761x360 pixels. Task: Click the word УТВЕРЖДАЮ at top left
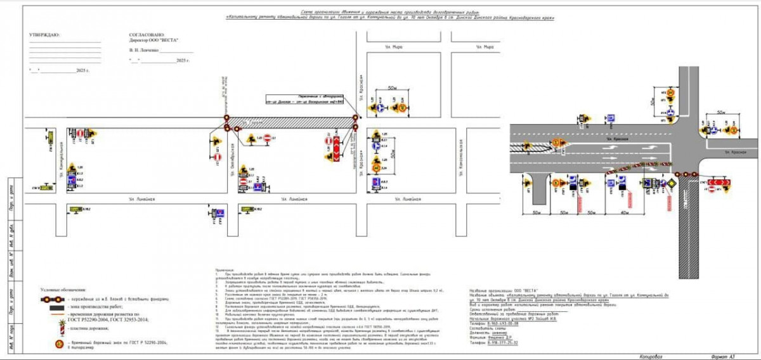click(x=44, y=35)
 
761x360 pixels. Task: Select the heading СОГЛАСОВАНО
click(x=146, y=35)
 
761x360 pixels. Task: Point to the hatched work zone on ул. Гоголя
click(x=292, y=120)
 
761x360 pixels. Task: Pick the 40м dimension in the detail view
click(x=625, y=213)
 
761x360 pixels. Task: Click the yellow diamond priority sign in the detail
click(x=668, y=184)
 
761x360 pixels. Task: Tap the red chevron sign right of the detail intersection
click(x=719, y=184)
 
